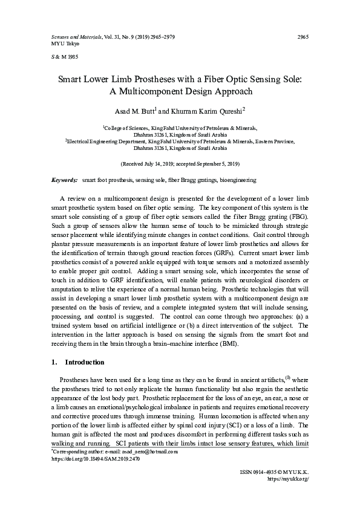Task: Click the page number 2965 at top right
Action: pyautogui.click(x=303, y=37)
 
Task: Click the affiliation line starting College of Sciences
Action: pyautogui.click(x=180, y=128)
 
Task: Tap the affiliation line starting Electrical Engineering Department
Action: pyautogui.click(x=180, y=141)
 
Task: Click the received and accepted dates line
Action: pyautogui.click(x=180, y=164)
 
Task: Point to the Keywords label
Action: pyautogui.click(x=64, y=180)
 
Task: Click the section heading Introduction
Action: pyautogui.click(x=84, y=362)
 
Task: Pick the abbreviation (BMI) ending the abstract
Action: pyautogui.click(x=227, y=345)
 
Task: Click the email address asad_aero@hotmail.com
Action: pyautogui.click(x=148, y=452)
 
